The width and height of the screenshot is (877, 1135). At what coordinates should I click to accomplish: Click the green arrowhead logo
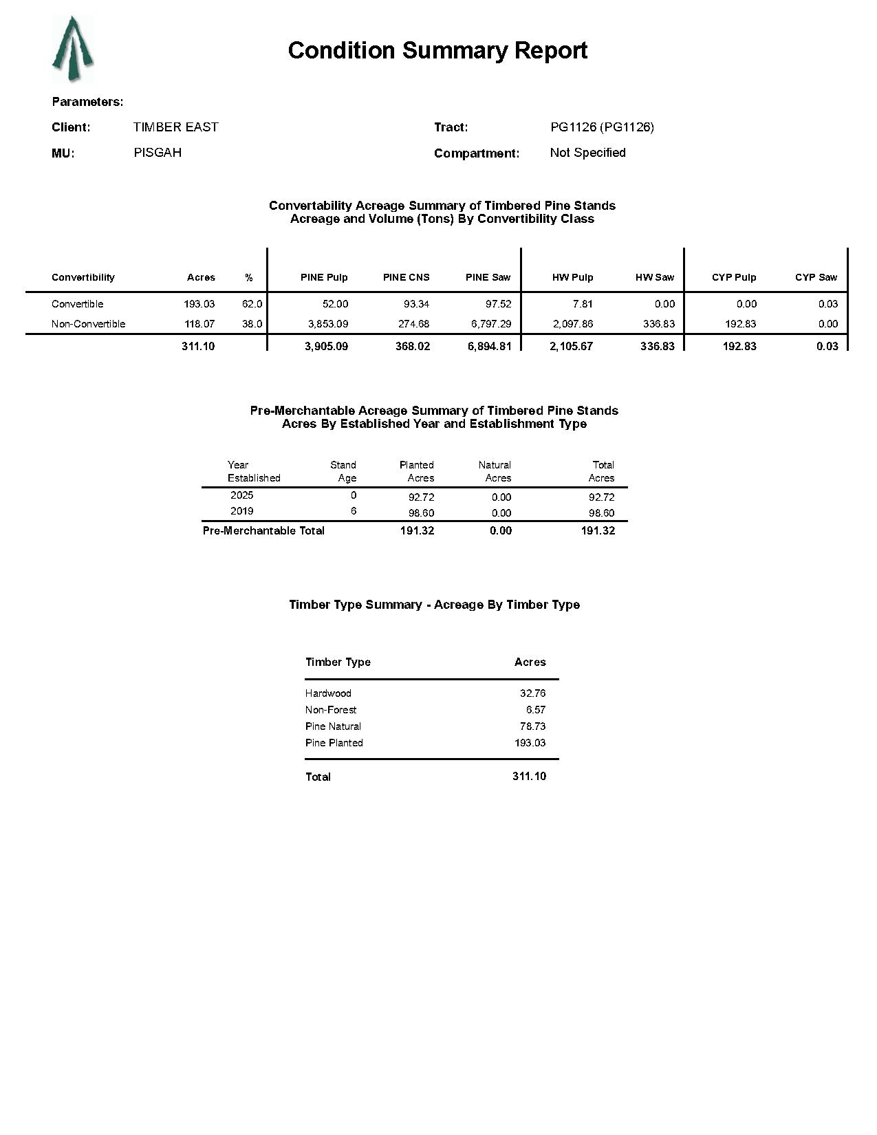pyautogui.click(x=72, y=50)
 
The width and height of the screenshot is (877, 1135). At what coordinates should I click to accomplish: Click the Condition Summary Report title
pyautogui.click(x=437, y=50)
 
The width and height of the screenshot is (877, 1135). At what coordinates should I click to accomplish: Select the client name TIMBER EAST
pyautogui.click(x=175, y=127)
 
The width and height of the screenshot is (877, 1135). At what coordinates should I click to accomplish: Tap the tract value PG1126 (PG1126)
pyautogui.click(x=602, y=127)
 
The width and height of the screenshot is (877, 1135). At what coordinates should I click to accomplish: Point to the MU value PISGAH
pyautogui.click(x=158, y=153)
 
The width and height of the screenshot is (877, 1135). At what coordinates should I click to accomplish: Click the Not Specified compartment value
pyautogui.click(x=587, y=153)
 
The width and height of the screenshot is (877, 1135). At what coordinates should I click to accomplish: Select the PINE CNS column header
pyautogui.click(x=406, y=277)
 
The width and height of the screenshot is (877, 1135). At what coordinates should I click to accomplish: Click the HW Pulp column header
pyautogui.click(x=572, y=277)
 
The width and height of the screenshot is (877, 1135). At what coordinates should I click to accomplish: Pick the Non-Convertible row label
pyautogui.click(x=88, y=324)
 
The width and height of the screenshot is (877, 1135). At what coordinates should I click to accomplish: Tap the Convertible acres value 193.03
pyautogui.click(x=199, y=304)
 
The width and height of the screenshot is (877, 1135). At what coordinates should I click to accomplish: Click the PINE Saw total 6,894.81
pyautogui.click(x=489, y=346)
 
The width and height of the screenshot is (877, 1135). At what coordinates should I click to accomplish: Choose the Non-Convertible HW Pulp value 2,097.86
pyautogui.click(x=572, y=324)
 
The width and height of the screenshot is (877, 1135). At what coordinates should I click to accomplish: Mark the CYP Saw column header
pyautogui.click(x=816, y=277)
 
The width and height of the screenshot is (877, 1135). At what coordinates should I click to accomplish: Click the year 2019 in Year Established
pyautogui.click(x=241, y=511)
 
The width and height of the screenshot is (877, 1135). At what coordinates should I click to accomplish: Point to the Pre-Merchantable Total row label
pyautogui.click(x=263, y=530)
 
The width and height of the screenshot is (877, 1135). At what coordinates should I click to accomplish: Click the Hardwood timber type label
pyautogui.click(x=328, y=693)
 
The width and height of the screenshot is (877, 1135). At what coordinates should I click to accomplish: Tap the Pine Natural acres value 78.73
pyautogui.click(x=532, y=726)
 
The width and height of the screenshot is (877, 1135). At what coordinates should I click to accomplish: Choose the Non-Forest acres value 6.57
pyautogui.click(x=535, y=710)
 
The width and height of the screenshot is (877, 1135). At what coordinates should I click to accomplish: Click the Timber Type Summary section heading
pyautogui.click(x=434, y=605)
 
